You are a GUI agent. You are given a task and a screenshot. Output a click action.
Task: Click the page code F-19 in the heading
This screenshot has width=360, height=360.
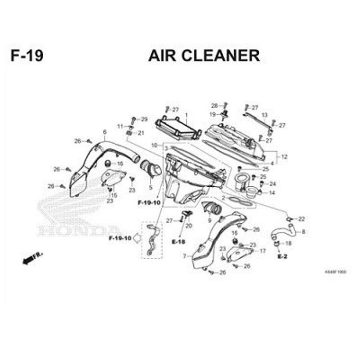coord(27,55)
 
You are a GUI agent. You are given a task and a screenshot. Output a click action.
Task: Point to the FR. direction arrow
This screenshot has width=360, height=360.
coord(32,258)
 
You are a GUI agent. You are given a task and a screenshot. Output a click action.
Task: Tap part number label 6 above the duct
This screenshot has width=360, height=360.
coord(104,132)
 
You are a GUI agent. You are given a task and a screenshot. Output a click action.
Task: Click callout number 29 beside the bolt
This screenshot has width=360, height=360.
coord(144,119)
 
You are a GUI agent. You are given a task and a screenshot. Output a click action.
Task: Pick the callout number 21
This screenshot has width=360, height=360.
coord(141,133)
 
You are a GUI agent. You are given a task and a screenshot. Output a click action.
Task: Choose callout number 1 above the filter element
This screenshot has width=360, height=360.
coord(186,115)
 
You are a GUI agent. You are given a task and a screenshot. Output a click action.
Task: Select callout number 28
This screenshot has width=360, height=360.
coord(214,105)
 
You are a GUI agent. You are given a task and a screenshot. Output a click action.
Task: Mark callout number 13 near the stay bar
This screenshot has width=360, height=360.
coord(264,115)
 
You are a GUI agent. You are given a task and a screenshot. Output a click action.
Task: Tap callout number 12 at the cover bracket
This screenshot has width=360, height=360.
coord(284,157)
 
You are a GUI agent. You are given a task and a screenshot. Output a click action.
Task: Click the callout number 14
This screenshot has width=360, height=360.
coord(272,193)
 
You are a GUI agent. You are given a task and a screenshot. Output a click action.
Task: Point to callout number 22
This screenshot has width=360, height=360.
coord(301,219)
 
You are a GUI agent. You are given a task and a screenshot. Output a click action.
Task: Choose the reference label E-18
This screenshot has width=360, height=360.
coord(179,241)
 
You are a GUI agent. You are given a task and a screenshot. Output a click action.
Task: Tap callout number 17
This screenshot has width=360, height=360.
coord(262,251)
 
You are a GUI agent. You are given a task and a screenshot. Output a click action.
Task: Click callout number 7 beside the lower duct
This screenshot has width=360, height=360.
coord(184,256)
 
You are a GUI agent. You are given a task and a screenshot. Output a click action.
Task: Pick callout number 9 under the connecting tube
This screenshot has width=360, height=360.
coord(209,220)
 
